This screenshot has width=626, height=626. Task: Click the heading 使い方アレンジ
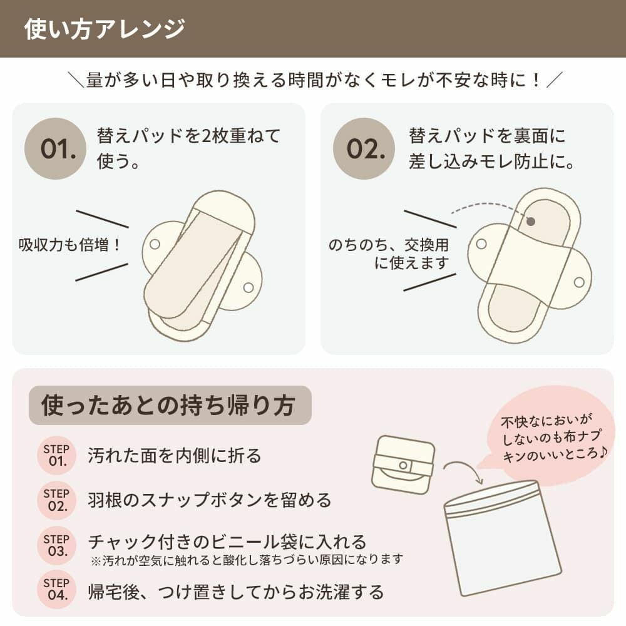point(105,29)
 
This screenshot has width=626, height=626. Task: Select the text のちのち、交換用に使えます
point(389,254)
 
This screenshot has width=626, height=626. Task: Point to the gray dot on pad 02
point(531,221)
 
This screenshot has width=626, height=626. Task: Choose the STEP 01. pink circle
point(56,455)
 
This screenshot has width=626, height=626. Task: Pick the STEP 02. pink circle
point(56,500)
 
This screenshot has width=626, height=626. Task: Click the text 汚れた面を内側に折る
point(175,456)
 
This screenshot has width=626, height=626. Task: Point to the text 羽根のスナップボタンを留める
point(210,500)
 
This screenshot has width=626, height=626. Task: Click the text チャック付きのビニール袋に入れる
point(227,541)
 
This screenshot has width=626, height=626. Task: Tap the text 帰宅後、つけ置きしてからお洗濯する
point(235,591)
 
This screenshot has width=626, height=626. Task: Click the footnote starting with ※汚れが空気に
point(247,559)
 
